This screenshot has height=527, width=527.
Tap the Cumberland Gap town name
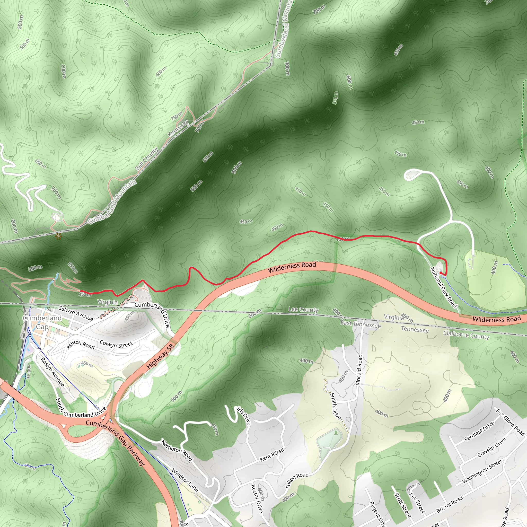[42, 322]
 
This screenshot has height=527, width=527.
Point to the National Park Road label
[444, 287]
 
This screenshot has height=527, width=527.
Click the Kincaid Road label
[359, 370]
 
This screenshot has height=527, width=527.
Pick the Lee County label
[303, 309]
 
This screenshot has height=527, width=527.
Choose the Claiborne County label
[466, 335]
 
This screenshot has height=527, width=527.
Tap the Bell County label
[147, 159]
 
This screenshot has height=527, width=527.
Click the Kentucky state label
[178, 128]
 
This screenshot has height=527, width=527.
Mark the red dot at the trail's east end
[441, 273]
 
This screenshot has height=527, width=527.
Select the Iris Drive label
[244, 416]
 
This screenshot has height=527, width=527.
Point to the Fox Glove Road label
[510, 422]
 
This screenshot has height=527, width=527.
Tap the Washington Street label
[482, 471]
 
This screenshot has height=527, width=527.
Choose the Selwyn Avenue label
[76, 313]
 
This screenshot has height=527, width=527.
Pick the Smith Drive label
[336, 406]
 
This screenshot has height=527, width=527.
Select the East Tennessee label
[360, 324]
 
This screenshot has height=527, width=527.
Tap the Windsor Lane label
[185, 480]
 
